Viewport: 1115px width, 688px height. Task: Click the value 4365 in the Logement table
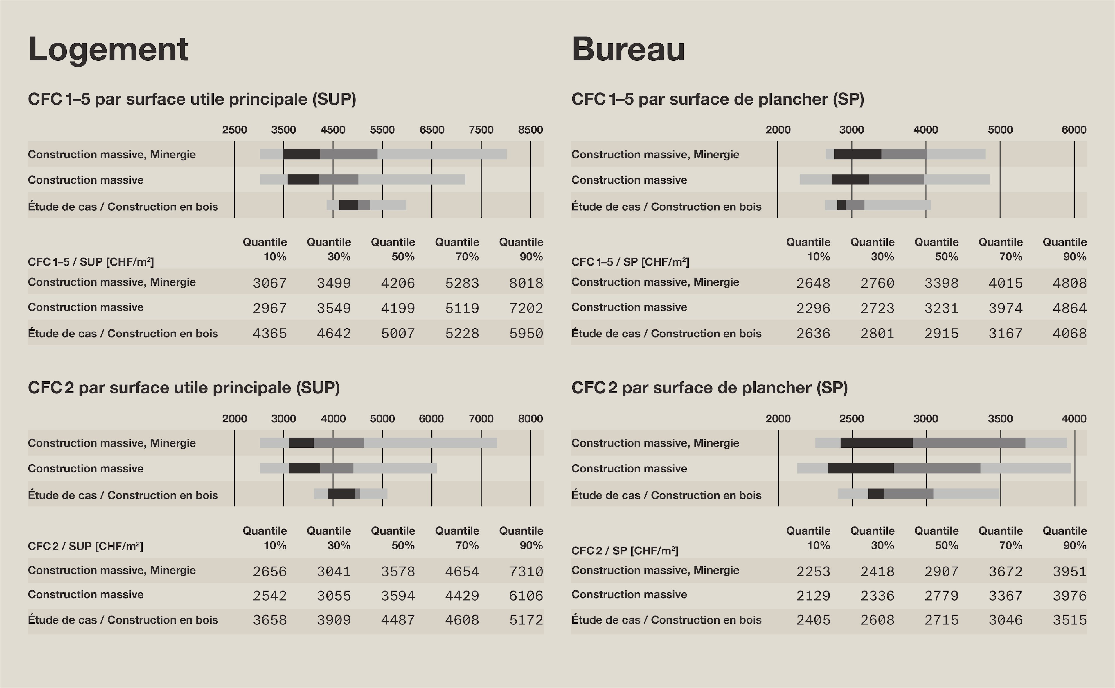[270, 334]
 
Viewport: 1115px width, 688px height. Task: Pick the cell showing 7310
[526, 571]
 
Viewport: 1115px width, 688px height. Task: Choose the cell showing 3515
[1069, 620]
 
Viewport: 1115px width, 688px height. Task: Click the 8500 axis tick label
[530, 130]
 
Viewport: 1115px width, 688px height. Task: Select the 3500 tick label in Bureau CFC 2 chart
[1000, 419]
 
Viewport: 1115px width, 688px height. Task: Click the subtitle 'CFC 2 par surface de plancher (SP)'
[709, 388]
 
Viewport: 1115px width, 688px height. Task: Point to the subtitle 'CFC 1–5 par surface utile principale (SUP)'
[192, 99]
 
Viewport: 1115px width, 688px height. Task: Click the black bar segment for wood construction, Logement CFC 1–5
[349, 205]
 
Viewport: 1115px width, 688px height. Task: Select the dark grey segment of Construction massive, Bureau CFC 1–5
[896, 179]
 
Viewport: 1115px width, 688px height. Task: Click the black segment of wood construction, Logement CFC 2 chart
[341, 494]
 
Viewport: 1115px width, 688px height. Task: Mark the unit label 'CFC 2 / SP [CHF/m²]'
[625, 551]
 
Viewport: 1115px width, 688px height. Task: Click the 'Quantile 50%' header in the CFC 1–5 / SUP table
[393, 249]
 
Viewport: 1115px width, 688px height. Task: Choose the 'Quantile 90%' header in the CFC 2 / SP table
[1064, 538]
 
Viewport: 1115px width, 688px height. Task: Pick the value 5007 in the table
[398, 334]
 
